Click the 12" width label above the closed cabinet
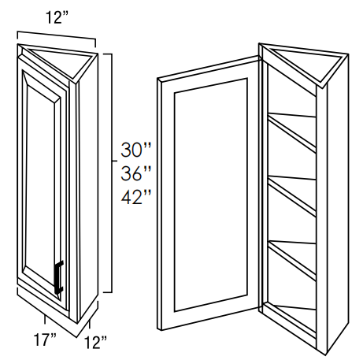pyautogui.click(x=57, y=17)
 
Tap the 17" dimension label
pyautogui.click(x=45, y=340)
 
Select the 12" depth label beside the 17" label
pyautogui.click(x=95, y=343)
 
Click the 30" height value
pyautogui.click(x=136, y=150)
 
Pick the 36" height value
pyautogui.click(x=136, y=173)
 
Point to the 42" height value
pyautogui.click(x=136, y=197)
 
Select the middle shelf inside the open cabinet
pyautogui.click(x=292, y=195)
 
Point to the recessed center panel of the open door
pyautogui.click(x=210, y=195)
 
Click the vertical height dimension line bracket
pyautogui.click(x=112, y=173)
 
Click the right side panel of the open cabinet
pyautogui.click(x=337, y=205)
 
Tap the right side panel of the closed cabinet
pyautogui.click(x=88, y=189)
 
